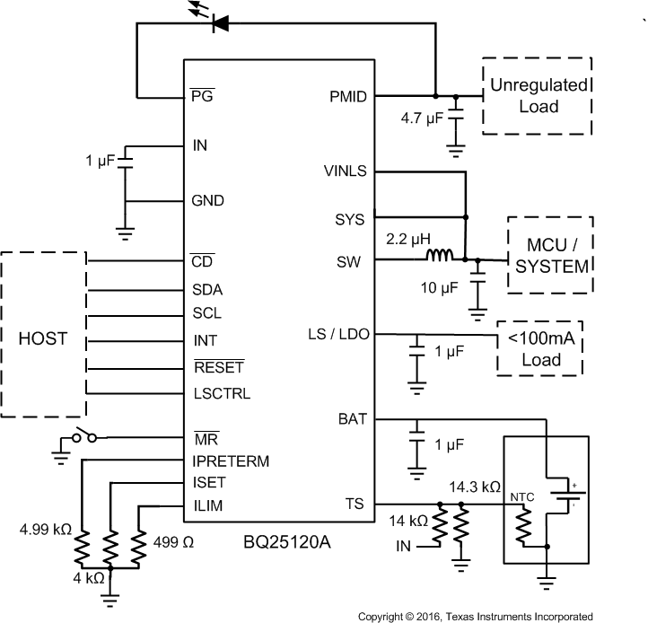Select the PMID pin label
[349, 95]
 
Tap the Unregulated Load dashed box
[537, 96]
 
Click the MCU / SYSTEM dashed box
[550, 255]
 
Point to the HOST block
[44, 338]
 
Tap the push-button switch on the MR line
[84, 437]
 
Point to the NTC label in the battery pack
[523, 496]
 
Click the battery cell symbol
[566, 493]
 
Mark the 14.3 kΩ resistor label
[474, 487]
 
